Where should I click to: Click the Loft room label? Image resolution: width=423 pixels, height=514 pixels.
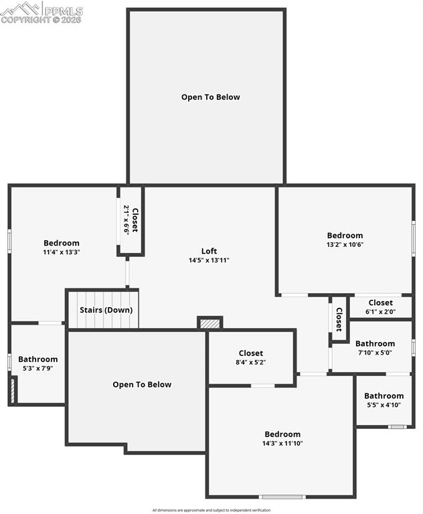click(209, 252)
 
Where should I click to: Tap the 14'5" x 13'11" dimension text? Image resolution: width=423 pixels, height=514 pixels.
click(209, 260)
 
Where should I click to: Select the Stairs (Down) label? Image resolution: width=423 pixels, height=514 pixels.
click(106, 310)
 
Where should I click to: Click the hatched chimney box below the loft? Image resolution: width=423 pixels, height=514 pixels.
click(210, 323)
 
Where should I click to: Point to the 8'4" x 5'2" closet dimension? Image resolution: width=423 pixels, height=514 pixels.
click(251, 363)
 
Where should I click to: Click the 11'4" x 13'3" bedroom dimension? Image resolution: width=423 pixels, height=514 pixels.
click(62, 252)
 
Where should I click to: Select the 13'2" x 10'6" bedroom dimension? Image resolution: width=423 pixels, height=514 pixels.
click(345, 244)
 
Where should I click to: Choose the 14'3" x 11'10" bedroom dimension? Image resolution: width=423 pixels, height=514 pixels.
click(282, 443)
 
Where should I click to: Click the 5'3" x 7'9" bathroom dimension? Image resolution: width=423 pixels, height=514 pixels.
click(38, 368)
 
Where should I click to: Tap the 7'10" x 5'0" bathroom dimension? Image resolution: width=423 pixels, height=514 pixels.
click(375, 353)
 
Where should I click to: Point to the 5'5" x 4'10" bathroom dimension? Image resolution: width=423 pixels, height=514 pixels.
click(384, 405)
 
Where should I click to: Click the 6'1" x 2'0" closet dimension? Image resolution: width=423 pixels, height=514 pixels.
click(380, 311)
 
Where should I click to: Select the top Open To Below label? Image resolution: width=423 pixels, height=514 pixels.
click(210, 97)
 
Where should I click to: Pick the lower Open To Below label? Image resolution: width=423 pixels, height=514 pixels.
click(142, 385)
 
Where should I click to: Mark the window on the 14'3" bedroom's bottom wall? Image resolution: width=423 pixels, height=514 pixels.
click(282, 497)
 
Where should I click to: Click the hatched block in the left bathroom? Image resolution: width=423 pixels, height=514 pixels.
click(11, 391)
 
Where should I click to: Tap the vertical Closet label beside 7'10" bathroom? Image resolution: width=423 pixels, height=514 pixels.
click(339, 319)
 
